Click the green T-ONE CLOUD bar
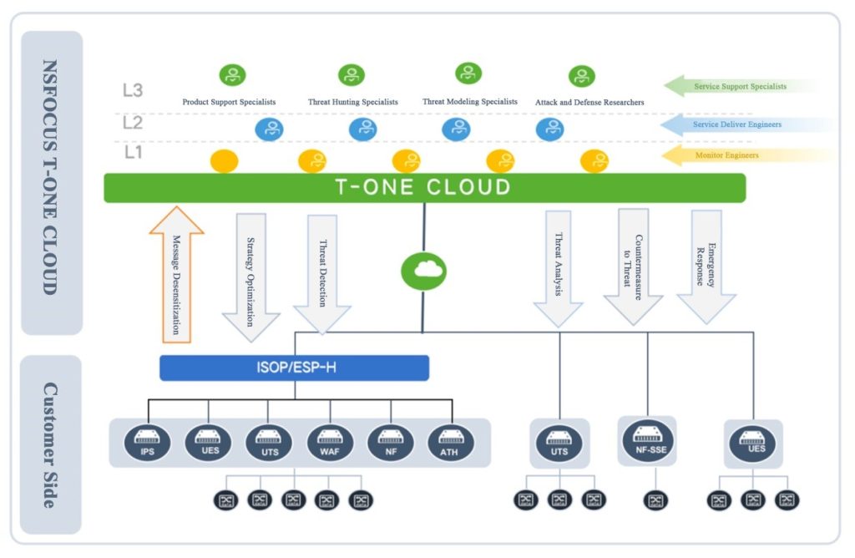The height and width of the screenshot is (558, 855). click(x=424, y=187)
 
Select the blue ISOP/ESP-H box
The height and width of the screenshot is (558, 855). click(x=294, y=368)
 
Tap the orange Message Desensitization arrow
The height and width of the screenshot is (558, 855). click(x=176, y=276)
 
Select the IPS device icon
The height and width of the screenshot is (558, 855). click(x=147, y=441)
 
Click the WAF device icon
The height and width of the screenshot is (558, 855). click(x=330, y=441)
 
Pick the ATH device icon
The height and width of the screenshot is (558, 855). click(x=451, y=441)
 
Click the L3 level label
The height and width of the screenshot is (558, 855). click(x=133, y=90)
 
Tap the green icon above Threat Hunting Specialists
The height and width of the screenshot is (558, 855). click(x=352, y=75)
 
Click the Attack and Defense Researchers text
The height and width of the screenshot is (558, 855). click(x=589, y=103)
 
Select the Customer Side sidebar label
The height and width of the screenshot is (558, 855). click(x=50, y=444)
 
